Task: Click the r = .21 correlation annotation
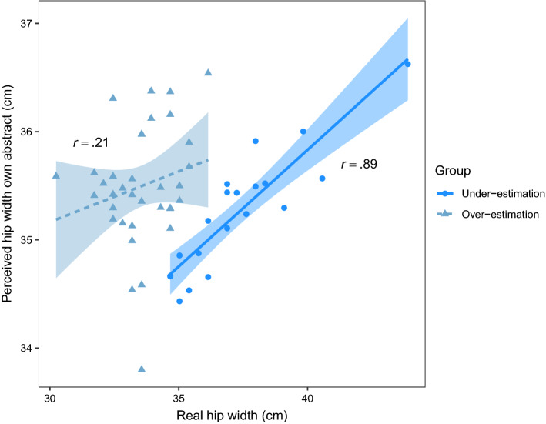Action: (x=87, y=143)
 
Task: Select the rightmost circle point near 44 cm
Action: (x=407, y=64)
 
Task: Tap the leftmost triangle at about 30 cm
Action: (x=55, y=175)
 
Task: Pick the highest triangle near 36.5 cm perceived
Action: (x=208, y=72)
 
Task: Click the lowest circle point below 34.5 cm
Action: (x=179, y=301)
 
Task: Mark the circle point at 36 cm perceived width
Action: (x=303, y=132)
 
